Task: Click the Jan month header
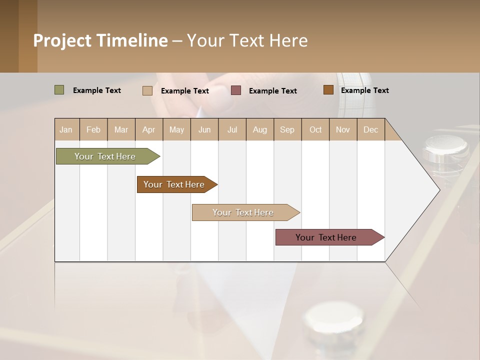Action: pos(66,129)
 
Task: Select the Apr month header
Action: pos(148,129)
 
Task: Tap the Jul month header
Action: pos(232,129)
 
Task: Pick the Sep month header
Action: pos(287,129)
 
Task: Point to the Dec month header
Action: pos(370,129)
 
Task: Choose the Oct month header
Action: pos(315,129)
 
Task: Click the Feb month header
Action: pos(93,129)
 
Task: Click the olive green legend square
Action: pos(59,90)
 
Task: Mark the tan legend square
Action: pos(147,90)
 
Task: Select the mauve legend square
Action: pos(236,90)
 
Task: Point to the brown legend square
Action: pos(328,90)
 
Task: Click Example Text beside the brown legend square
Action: pos(364,90)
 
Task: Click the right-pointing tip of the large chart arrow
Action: pos(438,190)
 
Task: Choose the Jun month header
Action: pos(204,129)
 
